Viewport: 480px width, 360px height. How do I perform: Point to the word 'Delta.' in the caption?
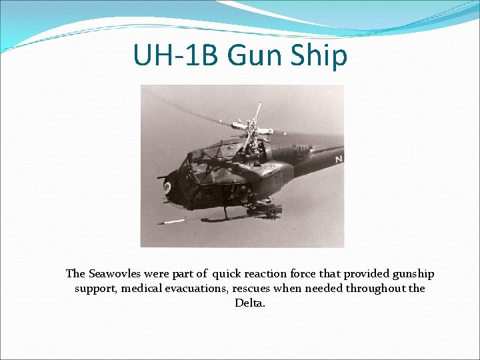coord(250,303)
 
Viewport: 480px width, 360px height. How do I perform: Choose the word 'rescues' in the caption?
coord(255,289)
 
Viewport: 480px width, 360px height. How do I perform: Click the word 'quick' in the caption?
coord(228,274)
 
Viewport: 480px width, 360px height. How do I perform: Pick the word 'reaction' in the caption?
coord(267,274)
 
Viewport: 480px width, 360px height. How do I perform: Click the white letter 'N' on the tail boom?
coord(339,159)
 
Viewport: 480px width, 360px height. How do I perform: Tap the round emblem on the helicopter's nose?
coord(166,187)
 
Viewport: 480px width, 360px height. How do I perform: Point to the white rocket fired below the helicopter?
coord(174,221)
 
